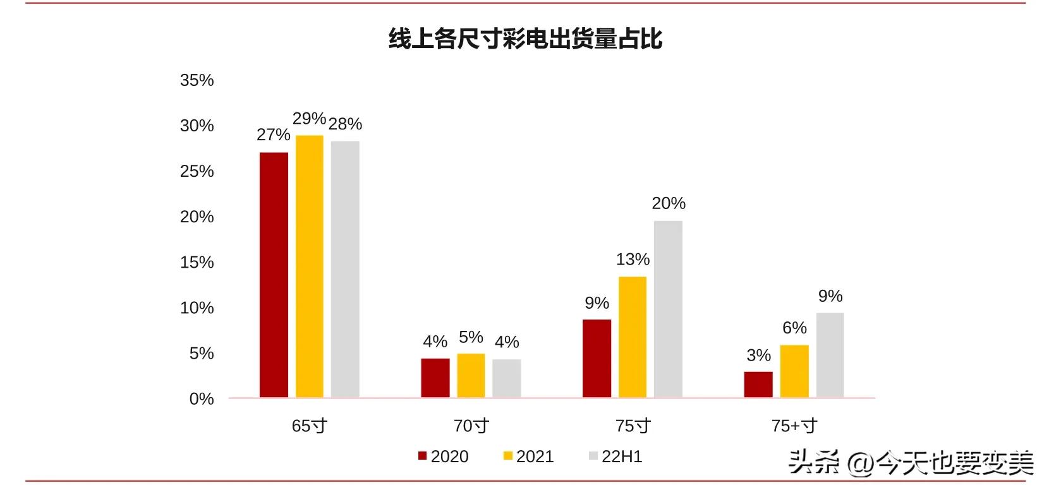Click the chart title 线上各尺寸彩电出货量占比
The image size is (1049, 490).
click(525, 39)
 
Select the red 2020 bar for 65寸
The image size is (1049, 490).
click(274, 275)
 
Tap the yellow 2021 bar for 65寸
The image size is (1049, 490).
click(309, 266)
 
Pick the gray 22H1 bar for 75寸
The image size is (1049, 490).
click(668, 309)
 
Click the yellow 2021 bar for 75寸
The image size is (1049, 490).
click(633, 337)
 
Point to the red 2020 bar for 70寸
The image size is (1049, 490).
click(435, 378)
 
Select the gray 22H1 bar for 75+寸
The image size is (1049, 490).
click(830, 355)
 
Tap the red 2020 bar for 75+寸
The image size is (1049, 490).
click(758, 384)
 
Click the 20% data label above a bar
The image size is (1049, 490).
click(669, 203)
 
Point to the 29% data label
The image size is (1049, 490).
click(309, 119)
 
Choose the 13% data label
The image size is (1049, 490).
click(633, 260)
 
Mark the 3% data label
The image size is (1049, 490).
click(758, 356)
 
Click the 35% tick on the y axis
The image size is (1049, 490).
click(197, 80)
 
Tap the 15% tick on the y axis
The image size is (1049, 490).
click(197, 262)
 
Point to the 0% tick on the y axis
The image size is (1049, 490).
click(202, 399)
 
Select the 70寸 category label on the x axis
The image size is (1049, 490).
click(471, 426)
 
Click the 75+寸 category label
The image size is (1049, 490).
click(794, 426)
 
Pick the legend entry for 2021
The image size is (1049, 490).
click(528, 457)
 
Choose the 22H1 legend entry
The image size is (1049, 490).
click(615, 457)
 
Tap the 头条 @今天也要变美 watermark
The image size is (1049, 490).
click(910, 462)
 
